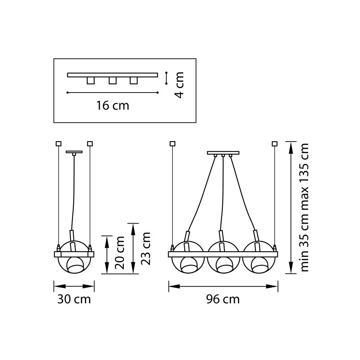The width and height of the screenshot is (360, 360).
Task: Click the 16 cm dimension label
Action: pyautogui.click(x=112, y=106)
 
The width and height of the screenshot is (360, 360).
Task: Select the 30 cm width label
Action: pyautogui.click(x=74, y=299)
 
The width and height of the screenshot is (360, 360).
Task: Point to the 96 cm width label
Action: pyautogui.click(x=223, y=299)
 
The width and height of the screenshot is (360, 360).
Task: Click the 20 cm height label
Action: pyautogui.click(x=120, y=253)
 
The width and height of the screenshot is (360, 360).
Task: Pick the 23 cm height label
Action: pyautogui.click(x=145, y=248)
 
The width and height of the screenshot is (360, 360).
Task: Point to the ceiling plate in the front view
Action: pyautogui.click(x=223, y=153)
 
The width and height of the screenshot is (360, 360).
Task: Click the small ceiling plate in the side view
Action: pyautogui.click(x=74, y=152)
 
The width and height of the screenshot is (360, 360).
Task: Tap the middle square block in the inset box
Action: pyautogui.click(x=112, y=80)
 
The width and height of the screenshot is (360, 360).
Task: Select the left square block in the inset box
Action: pyautogui.click(x=91, y=80)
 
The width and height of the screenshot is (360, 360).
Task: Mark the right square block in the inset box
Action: pyautogui.click(x=134, y=80)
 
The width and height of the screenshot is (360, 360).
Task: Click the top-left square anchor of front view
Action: pyautogui.click(x=172, y=144)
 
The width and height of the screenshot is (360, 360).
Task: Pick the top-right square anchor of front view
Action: pyautogui.click(x=275, y=144)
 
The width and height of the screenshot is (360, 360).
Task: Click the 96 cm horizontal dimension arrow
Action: pyautogui.click(x=223, y=287)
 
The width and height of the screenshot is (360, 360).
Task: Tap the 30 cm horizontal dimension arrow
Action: pyautogui.click(x=74, y=287)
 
